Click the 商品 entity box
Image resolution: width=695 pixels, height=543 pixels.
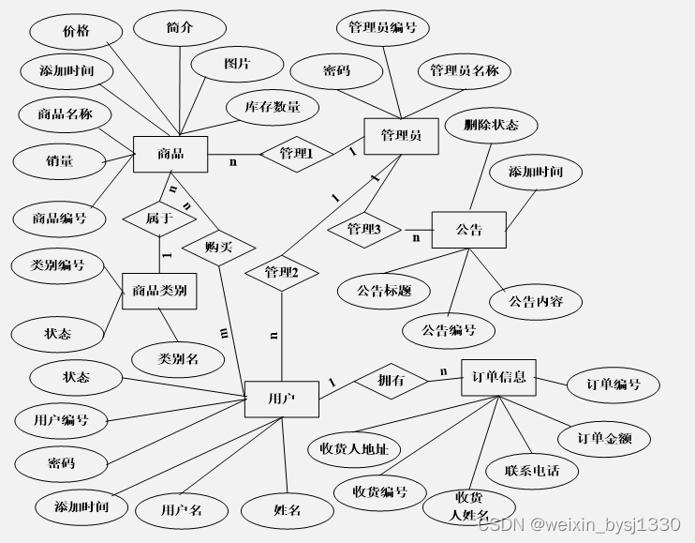[x=170, y=154]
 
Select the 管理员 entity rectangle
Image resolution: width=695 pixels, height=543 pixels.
[x=401, y=135]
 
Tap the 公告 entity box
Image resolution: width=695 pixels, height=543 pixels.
[x=468, y=230]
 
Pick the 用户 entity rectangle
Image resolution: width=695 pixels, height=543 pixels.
[x=281, y=399]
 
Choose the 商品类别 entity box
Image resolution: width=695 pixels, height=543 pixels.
[x=159, y=291]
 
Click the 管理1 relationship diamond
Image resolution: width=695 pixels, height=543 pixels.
[x=296, y=154]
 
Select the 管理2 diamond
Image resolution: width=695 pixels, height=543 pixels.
[x=281, y=272]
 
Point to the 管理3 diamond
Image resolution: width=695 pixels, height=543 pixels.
[x=364, y=229]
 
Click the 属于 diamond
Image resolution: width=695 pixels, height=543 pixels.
[x=158, y=218]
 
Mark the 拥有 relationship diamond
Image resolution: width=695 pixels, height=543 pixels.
[x=391, y=381]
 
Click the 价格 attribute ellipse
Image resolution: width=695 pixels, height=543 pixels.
[x=76, y=31]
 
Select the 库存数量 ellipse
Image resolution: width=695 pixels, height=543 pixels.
[x=273, y=107]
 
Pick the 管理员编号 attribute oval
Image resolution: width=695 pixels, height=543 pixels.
[x=382, y=28]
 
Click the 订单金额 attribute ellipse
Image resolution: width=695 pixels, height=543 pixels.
[x=603, y=438]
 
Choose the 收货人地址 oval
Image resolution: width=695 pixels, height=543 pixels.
[x=354, y=448]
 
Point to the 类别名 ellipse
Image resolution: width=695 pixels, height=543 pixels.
[x=178, y=357]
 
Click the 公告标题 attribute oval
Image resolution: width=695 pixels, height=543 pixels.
[x=384, y=291]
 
